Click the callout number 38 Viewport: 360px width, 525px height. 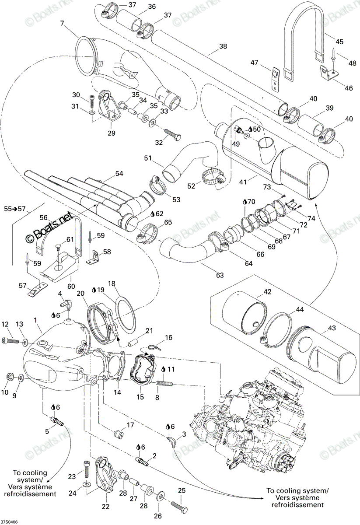tap(223, 46)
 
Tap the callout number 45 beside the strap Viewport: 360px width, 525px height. tap(339, 42)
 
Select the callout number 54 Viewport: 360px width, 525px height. tap(119, 174)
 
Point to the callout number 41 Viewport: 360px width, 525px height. tap(243, 182)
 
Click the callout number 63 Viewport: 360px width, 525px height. tap(220, 275)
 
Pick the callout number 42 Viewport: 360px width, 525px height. tap(267, 291)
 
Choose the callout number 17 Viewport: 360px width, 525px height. tap(130, 425)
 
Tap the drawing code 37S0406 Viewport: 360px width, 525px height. tap(9, 521)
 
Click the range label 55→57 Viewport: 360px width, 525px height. tap(15, 209)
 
